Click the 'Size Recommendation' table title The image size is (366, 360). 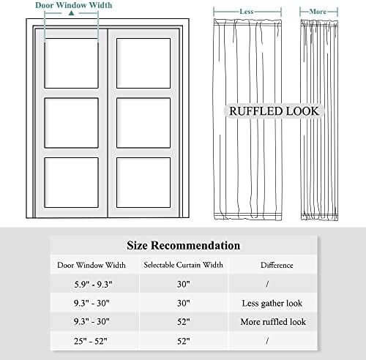[x=183, y=245]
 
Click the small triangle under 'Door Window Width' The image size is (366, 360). [x=70, y=14]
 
